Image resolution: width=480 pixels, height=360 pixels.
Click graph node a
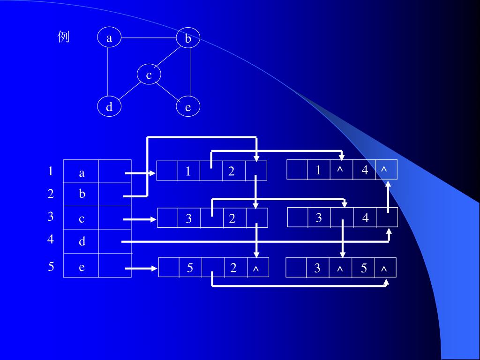coord(109,38)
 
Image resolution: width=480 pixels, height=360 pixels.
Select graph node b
coord(188,38)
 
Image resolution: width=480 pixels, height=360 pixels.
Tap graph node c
coord(149,75)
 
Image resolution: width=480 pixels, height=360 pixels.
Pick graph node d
coord(109,107)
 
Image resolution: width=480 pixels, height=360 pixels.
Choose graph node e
coord(188,107)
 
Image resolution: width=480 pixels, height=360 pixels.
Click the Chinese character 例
coord(64,37)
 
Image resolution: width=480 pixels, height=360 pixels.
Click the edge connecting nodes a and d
coord(108,72)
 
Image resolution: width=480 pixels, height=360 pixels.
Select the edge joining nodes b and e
coord(191,72)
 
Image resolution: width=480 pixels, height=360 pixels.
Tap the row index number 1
coord(51,171)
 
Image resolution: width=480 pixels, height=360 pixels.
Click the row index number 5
coord(51,267)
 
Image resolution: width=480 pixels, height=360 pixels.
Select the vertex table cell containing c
coord(82,219)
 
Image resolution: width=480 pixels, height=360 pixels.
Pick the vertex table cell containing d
coord(82,241)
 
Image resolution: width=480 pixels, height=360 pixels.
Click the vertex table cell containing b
coord(82,194)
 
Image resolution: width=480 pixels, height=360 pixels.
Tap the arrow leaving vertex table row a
coord(140,173)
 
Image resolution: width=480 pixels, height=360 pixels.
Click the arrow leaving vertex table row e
coord(141,269)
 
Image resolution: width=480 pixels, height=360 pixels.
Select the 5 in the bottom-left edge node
coord(190,268)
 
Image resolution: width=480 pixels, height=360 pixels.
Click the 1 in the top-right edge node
coord(318,170)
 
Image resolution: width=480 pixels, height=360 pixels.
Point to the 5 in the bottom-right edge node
coord(364,268)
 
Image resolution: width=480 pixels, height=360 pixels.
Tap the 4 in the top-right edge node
coord(365,170)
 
